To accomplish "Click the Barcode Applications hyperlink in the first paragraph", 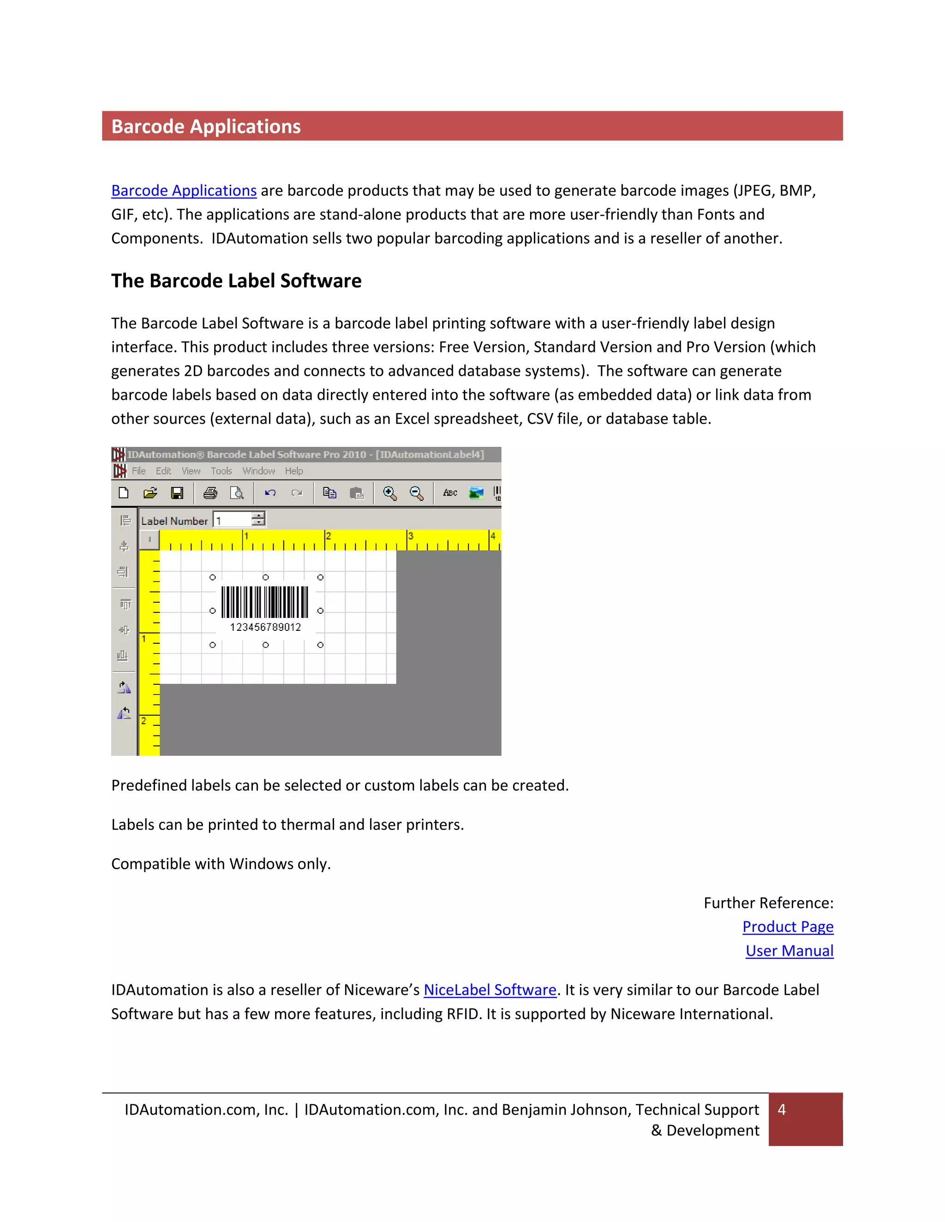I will [x=184, y=191].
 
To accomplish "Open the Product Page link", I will [x=787, y=927].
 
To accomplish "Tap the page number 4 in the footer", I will [x=782, y=1109].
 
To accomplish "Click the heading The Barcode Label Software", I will [x=236, y=281].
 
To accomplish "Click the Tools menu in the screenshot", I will [x=221, y=471].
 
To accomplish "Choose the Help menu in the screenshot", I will [x=293, y=471].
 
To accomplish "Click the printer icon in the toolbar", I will [x=210, y=493].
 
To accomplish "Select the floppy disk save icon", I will [x=177, y=493].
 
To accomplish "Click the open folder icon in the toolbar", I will [x=150, y=493].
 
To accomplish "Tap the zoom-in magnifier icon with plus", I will [x=389, y=493].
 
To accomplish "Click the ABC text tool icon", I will [x=449, y=493].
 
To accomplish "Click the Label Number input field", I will [x=233, y=520].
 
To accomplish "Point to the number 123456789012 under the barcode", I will [x=265, y=627].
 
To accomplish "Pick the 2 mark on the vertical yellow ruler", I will [x=144, y=721].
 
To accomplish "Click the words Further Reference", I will [x=768, y=903].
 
